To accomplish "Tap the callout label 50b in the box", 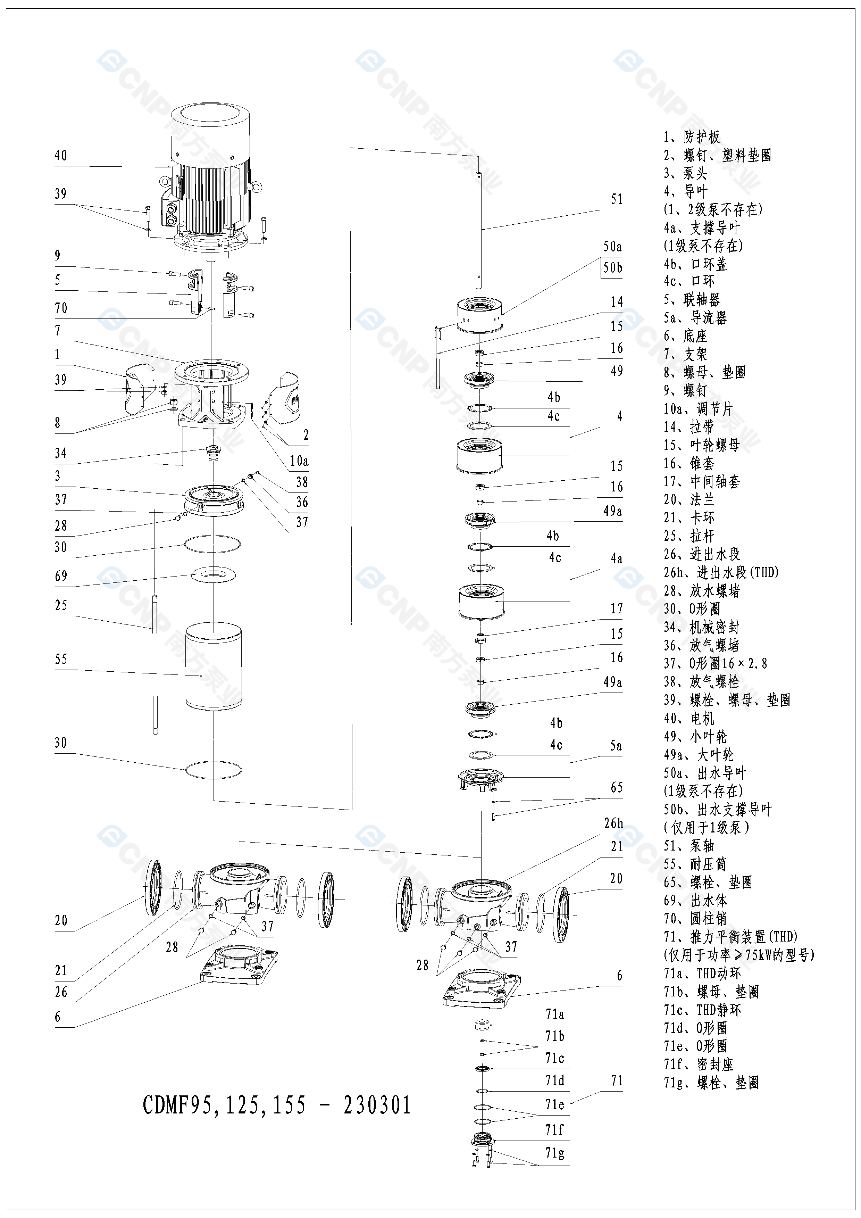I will tap(612, 268).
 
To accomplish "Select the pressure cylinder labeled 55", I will tap(214, 666).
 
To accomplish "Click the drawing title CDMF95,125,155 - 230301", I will tap(277, 1105).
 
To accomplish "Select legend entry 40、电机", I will tap(689, 718).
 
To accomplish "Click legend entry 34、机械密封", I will tap(701, 627).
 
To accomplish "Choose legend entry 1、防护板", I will tap(692, 138).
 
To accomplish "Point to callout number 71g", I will tap(554, 1153).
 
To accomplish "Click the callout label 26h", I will tap(613, 823).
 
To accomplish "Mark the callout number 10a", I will tap(299, 461).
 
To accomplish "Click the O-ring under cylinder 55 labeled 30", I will tap(213, 769).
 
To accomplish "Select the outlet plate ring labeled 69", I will tap(214, 574).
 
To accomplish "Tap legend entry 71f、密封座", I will tap(698, 1064).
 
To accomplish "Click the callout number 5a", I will tap(616, 746).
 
